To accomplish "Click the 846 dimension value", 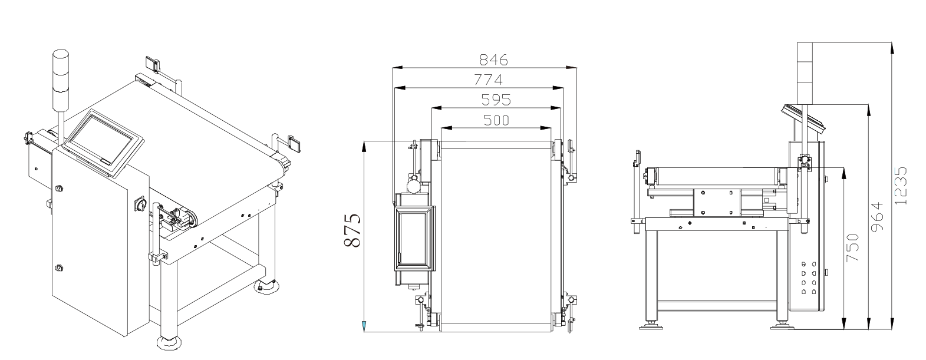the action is (493, 60).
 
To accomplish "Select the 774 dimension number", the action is (488, 80).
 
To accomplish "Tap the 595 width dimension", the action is (496, 100).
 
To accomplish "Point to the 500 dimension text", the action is (496, 120).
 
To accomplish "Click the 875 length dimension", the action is (352, 230).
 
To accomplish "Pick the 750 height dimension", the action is (852, 247).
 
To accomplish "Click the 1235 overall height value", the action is (901, 186).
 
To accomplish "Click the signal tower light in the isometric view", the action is (60, 81).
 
